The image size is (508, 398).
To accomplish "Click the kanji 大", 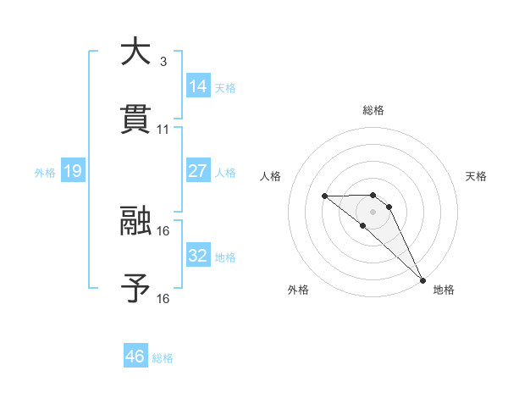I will tap(135, 52).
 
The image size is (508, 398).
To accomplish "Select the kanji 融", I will tap(135, 221).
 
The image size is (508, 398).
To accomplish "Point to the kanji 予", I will tap(135, 289).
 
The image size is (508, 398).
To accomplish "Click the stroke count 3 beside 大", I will tap(163, 62).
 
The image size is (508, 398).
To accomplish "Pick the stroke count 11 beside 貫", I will tap(163, 130).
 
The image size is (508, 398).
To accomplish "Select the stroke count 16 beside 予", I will tap(163, 299).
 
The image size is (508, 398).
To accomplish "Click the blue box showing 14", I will tap(198, 86).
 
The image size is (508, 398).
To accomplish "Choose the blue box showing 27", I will tap(198, 171).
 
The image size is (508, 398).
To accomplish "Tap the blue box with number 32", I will tap(198, 256).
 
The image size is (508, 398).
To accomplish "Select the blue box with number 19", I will tap(73, 172).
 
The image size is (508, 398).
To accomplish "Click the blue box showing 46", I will tap(135, 357).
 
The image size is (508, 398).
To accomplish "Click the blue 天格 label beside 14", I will tap(225, 88).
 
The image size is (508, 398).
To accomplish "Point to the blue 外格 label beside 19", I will tap(45, 173).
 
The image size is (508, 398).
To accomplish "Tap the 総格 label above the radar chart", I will tap(373, 110).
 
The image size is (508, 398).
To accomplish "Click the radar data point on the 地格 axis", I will tap(422, 280).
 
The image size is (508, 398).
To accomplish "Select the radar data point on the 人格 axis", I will tap(324, 196).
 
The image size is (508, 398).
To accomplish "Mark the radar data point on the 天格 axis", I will tap(389, 207).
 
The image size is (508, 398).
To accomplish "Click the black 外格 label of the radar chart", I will tap(298, 290).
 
